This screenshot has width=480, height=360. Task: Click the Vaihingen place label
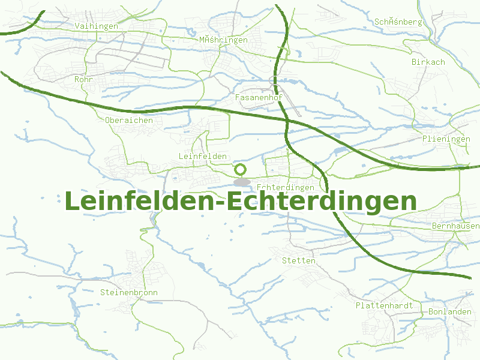pos(97,26)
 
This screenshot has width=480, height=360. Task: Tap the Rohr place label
pos(82,79)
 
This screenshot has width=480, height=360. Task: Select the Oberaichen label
pos(128,120)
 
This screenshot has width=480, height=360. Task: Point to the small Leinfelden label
pos(203,156)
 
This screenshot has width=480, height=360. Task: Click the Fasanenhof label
pos(259,97)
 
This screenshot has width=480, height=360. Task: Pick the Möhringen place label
pos(223,40)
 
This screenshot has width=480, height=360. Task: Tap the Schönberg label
pos(398,22)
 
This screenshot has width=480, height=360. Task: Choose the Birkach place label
pos(428,62)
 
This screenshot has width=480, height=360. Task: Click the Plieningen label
pos(446,139)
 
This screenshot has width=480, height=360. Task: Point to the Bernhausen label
pos(455,226)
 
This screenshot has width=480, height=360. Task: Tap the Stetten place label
pos(298,260)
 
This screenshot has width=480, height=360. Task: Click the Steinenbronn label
pos(128,293)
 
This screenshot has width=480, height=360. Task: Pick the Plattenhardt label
pos(384,305)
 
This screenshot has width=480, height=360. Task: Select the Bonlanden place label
pos(449,312)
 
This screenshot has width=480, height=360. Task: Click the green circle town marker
pos(241,170)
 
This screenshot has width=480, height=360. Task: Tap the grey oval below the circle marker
pos(242,181)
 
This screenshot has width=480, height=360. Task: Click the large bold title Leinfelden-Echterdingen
pos(240,202)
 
